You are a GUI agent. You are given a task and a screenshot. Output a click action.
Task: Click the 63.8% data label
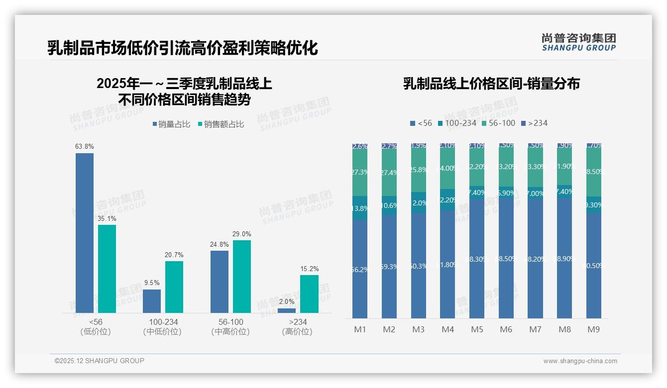coord(85,147)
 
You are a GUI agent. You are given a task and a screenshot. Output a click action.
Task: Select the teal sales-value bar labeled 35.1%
coord(107,269)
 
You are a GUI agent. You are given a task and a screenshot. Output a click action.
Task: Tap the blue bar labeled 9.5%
coord(152,301)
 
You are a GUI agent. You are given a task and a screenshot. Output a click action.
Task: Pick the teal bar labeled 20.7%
coord(174,287)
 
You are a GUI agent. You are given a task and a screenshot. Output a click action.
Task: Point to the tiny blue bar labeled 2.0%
coord(287,310)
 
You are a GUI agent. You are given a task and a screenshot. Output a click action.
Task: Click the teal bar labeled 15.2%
coord(309,293)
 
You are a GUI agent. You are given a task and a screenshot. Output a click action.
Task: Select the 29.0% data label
coord(242,234)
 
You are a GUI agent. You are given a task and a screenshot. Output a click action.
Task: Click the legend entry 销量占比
coord(171,124)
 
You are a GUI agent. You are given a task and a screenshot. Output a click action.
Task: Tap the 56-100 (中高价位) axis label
coord(230,326)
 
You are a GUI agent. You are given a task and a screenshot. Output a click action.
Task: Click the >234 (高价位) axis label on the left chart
coord(298,326)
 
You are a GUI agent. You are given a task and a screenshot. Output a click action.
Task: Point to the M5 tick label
coord(477,329)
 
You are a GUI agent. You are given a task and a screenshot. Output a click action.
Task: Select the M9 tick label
coord(593,329)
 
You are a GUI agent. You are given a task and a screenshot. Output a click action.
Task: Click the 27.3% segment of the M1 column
coord(360,172)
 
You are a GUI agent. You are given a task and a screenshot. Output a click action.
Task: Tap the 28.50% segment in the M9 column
coord(593,172)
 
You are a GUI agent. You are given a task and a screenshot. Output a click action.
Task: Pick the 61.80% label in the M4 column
coord(447,265)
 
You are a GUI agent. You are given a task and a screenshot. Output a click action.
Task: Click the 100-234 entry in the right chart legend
coord(456,123)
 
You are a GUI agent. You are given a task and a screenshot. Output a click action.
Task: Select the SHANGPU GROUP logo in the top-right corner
coord(578,42)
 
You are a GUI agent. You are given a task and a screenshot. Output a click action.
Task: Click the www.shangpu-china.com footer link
coord(580,361)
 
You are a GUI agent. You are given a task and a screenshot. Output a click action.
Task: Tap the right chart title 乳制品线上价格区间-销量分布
coord(491,84)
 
